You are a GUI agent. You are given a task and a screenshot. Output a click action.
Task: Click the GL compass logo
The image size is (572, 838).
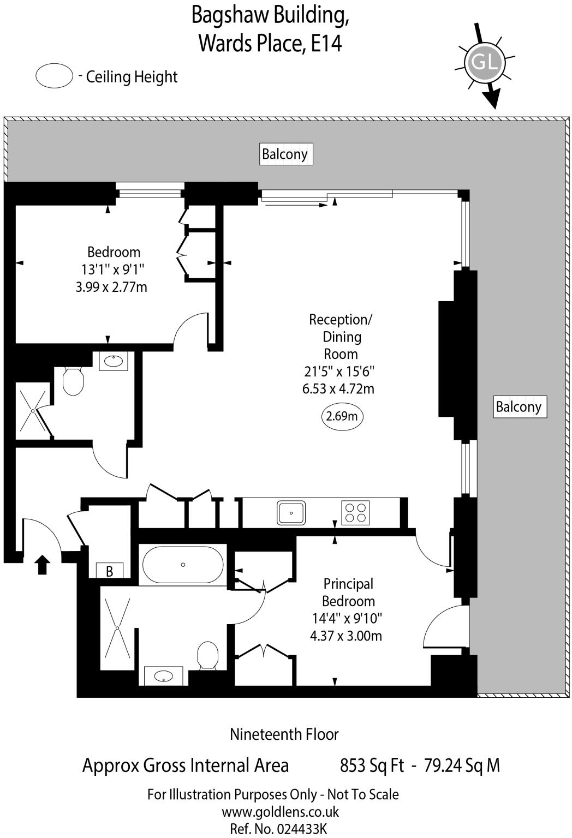click(x=484, y=62)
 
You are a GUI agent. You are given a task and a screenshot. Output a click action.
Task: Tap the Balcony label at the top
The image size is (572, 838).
click(x=285, y=154)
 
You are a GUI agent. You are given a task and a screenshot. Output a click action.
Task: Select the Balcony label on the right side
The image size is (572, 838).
click(x=519, y=407)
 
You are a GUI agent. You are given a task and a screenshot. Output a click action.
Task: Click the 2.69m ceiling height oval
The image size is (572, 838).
click(x=342, y=417)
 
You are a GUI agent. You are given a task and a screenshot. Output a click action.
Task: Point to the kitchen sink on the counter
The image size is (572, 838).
click(x=291, y=513)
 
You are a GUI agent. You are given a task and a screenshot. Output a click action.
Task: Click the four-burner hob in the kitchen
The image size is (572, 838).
click(x=355, y=513)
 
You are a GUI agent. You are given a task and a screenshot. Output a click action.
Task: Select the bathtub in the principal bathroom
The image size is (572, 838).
click(x=183, y=565)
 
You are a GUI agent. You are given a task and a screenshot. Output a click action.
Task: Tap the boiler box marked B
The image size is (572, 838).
click(x=110, y=571)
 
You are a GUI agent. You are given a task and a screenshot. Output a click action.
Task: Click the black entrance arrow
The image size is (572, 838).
click(x=43, y=565)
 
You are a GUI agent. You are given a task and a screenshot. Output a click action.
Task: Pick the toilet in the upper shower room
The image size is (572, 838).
click(x=72, y=380)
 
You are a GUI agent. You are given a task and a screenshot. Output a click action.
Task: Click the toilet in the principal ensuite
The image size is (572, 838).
click(x=207, y=655)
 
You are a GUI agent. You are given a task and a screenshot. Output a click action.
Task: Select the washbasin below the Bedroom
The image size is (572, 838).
click(x=114, y=361)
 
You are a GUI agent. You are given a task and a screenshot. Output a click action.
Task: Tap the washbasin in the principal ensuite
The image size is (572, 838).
click(x=163, y=677)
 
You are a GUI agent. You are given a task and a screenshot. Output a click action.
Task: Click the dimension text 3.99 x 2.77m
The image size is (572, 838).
click(x=111, y=287)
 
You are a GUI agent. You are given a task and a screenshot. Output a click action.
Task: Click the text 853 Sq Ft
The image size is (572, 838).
click(x=372, y=765)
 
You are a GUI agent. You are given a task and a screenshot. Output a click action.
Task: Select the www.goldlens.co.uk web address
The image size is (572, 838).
click(x=280, y=812)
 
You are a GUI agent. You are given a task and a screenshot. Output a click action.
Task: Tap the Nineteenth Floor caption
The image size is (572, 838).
click(x=284, y=734)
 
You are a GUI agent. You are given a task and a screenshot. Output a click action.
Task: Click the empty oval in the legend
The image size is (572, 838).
click(x=54, y=76)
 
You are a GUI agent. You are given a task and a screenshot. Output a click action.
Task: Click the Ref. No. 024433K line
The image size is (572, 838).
click(x=278, y=829)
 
